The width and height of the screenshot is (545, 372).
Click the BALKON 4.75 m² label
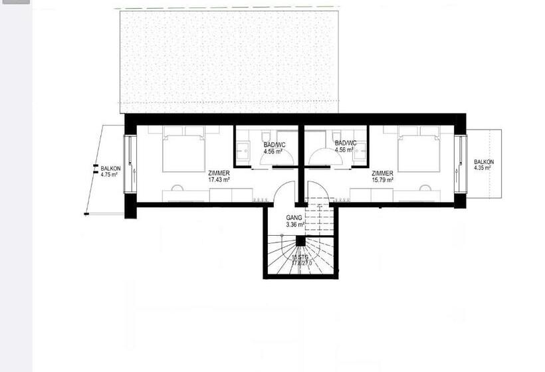[x=110, y=172]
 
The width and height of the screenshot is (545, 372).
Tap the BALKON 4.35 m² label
[x=483, y=165]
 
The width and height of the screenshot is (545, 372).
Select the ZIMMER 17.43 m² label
[x=219, y=176]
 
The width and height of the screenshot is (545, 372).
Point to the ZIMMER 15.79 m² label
[x=382, y=176]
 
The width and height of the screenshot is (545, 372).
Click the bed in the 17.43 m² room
[x=183, y=151]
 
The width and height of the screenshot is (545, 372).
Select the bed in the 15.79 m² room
[x=419, y=151]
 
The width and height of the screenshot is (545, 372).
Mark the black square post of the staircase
[x=300, y=241]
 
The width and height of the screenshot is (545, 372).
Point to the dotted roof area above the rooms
[x=229, y=56]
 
